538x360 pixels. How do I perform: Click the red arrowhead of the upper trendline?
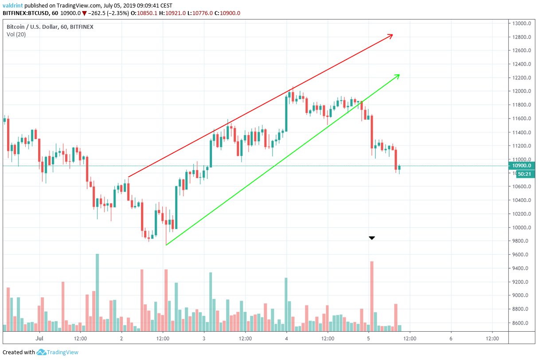(391, 36)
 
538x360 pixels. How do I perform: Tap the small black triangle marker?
(372, 238)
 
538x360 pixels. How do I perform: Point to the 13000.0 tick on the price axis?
(522, 23)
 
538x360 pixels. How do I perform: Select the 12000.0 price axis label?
(522, 91)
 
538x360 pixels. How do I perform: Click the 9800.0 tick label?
(522, 241)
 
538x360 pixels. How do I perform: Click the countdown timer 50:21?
(523, 174)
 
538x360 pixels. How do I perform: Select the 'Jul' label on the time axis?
(39, 339)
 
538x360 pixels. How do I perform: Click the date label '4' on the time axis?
(286, 339)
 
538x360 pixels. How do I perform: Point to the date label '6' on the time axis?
(451, 339)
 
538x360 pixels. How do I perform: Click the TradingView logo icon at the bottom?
(42, 352)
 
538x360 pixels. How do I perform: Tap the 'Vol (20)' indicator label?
(16, 35)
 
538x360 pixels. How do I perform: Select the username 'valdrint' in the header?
(13, 5)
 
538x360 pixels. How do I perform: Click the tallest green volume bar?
(97, 292)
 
